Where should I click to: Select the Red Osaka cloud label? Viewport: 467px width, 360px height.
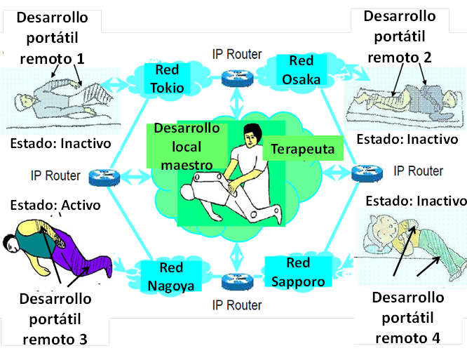pos(302,70)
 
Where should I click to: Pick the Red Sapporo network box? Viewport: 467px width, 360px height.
pos(296,272)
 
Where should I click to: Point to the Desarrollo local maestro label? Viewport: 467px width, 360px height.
pos(187,146)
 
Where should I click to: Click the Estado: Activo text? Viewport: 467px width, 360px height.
pos(55,205)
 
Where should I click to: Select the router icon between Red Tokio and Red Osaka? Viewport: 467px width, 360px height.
pos(235,76)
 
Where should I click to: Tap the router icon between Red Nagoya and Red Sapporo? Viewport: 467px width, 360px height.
pos(235,282)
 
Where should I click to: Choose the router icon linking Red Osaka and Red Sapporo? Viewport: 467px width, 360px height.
pos(365,172)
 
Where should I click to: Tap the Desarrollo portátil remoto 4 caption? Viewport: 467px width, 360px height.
pos(407,317)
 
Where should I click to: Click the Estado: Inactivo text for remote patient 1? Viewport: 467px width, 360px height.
pos(62,145)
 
